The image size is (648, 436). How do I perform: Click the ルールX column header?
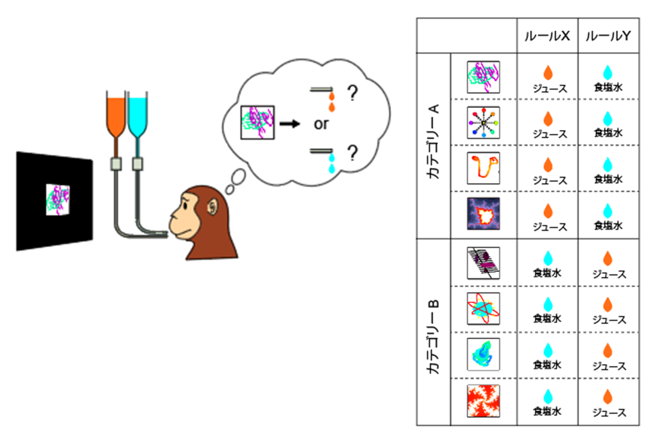(547, 36)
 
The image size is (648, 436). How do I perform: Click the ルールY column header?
(608, 36)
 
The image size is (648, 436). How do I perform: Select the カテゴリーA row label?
(433, 142)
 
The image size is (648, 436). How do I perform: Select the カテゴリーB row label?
(433, 336)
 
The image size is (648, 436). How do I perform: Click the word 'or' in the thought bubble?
(321, 124)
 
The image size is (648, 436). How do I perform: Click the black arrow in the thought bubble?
(290, 124)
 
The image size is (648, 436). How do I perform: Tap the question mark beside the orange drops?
(352, 93)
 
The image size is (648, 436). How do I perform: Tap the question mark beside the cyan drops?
(352, 153)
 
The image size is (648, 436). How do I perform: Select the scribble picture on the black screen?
(58, 200)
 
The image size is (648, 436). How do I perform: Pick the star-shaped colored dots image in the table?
(483, 123)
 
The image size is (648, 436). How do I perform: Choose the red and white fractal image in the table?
(483, 401)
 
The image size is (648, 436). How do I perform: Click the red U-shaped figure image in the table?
(483, 168)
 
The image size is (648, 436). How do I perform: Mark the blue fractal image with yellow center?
(483, 214)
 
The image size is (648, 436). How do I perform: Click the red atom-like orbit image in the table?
(483, 309)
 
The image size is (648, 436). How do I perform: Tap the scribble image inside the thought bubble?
(257, 123)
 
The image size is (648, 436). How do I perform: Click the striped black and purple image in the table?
(483, 263)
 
